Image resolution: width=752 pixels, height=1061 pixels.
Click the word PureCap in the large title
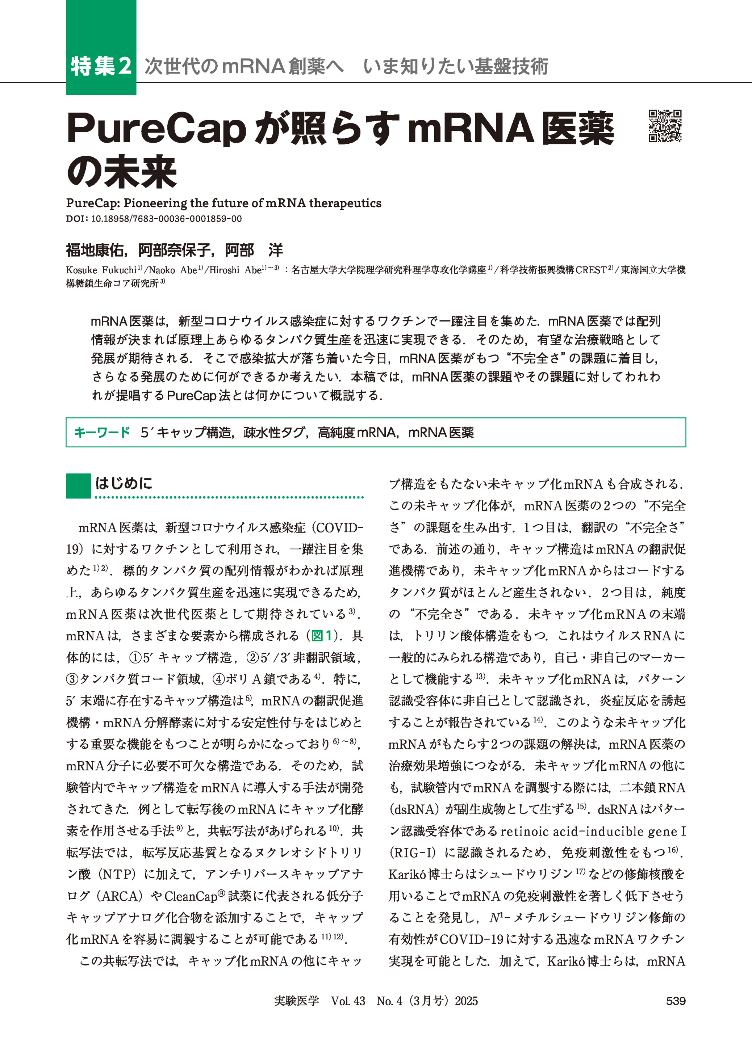tap(156, 129)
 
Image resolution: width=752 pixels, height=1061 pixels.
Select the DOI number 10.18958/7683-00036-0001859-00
tap(166, 219)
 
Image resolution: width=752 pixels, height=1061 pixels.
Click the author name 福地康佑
tap(95, 250)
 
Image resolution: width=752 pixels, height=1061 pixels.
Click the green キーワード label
tap(102, 433)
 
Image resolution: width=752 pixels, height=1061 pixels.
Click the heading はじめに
tap(124, 484)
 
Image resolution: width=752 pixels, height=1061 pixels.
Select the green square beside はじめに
tap(78, 486)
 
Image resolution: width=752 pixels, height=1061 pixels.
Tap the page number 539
tap(676, 1001)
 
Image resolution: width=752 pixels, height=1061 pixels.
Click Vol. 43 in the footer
tap(348, 1001)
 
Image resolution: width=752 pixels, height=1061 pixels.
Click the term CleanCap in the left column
tap(191, 896)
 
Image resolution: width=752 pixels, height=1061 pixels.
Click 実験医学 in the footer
tap(296, 1001)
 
